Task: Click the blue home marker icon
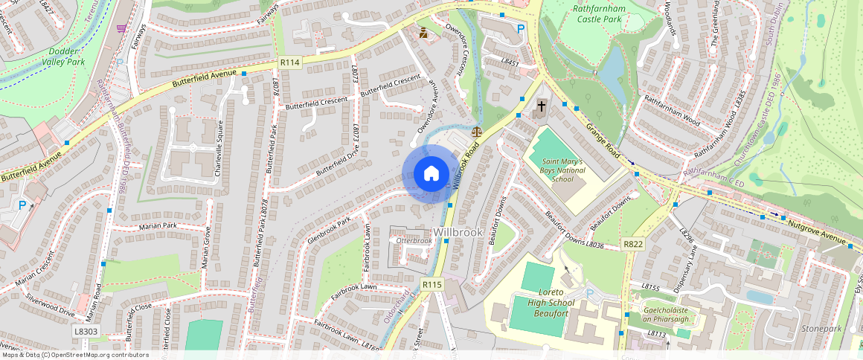[431, 174]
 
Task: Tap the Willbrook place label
[458, 233]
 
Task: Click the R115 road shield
[431, 284]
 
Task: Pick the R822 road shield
[633, 245]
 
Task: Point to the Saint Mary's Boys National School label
[563, 170]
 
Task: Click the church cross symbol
[541, 107]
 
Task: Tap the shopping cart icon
[121, 28]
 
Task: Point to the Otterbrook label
[414, 241]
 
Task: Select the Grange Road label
[603, 141]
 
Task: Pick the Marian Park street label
[158, 225]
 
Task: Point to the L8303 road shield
[86, 330]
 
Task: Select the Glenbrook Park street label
[327, 231]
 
